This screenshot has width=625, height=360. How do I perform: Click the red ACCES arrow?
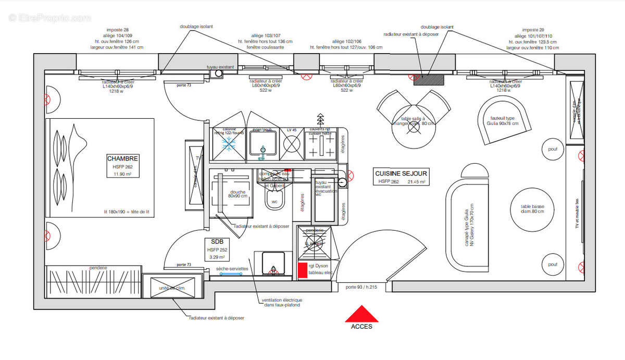click(x=362, y=314)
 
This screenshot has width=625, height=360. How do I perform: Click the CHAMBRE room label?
click(x=123, y=158)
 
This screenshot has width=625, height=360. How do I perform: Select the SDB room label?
click(x=217, y=242)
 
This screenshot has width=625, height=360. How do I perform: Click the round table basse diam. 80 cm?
click(x=532, y=209)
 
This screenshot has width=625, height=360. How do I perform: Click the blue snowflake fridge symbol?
click(x=228, y=144)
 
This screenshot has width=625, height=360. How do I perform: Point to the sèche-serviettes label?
click(x=232, y=269)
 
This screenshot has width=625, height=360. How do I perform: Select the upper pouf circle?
click(x=553, y=150)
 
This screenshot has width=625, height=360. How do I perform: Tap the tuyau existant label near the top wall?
click(x=221, y=67)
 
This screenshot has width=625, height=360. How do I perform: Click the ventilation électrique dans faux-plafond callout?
click(x=282, y=303)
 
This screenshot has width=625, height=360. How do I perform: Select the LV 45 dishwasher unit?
click(x=292, y=144)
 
